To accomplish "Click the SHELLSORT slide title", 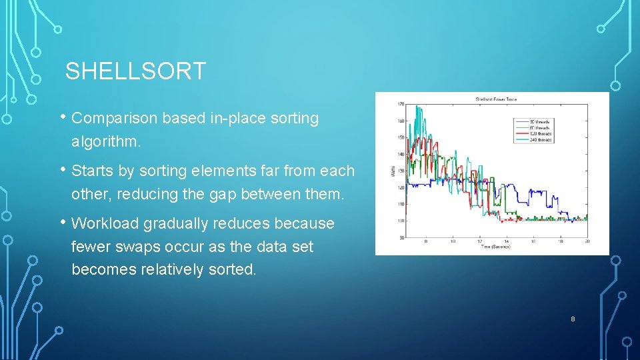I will [135, 71].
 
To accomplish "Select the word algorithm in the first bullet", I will [104, 142].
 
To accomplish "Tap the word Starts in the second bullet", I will [92, 171].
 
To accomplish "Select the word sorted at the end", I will [233, 270].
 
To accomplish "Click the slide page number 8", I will [573, 320].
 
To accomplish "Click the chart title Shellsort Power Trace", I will [495, 100].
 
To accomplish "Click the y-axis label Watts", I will [392, 171].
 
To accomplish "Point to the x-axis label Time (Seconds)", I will [496, 247].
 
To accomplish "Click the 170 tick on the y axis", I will [401, 105].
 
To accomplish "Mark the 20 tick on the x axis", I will [587, 241].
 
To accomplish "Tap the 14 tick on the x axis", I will [506, 241].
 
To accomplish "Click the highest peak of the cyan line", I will [417, 106].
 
